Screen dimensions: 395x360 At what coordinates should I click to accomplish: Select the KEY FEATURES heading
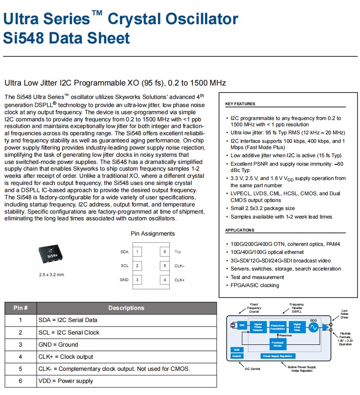[x=240, y=104]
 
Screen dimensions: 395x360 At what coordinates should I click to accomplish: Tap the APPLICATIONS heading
[x=240, y=230]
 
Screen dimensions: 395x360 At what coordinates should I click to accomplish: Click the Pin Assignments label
[x=153, y=233]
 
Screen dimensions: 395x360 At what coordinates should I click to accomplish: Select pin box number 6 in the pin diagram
[x=165, y=252]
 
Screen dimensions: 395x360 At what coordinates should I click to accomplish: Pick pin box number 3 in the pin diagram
[x=137, y=280]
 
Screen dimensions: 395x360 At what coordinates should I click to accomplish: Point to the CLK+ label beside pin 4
[x=180, y=280]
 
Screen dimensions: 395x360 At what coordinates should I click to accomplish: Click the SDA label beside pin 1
[x=124, y=252]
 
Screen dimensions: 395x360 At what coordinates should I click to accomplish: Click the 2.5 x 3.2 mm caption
[x=51, y=275]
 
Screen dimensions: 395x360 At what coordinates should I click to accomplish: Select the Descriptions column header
[x=126, y=308]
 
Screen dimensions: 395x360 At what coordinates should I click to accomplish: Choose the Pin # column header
[x=21, y=308]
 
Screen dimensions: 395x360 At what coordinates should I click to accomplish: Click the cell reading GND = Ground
[x=58, y=344]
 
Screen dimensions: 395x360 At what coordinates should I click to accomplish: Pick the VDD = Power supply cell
[x=66, y=381]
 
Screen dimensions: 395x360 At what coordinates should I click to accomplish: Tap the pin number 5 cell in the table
[x=20, y=369]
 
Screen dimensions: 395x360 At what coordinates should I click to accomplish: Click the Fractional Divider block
[x=278, y=344]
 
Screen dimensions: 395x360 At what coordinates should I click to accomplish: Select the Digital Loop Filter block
[x=297, y=326]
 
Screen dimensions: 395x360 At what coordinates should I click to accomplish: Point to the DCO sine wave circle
[x=313, y=327]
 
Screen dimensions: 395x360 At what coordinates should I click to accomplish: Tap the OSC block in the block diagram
[x=242, y=325]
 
